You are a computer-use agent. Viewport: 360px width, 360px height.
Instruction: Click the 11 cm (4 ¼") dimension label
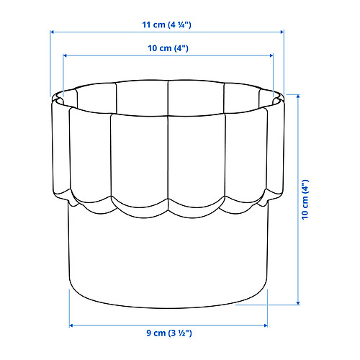coord(166,24)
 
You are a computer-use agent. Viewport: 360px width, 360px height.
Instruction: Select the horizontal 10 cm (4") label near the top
coord(168,48)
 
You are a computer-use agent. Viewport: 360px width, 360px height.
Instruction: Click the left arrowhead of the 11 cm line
coord(53,32)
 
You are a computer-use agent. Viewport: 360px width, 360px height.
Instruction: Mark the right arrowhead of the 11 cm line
coord(284,32)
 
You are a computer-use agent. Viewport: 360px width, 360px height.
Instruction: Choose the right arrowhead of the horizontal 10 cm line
coord(272,55)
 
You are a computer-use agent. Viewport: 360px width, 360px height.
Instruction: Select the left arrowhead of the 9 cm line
coord(71,325)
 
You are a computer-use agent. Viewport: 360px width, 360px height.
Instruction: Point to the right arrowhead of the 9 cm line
coord(266,325)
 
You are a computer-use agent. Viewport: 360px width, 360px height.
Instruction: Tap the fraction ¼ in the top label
coord(186,24)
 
